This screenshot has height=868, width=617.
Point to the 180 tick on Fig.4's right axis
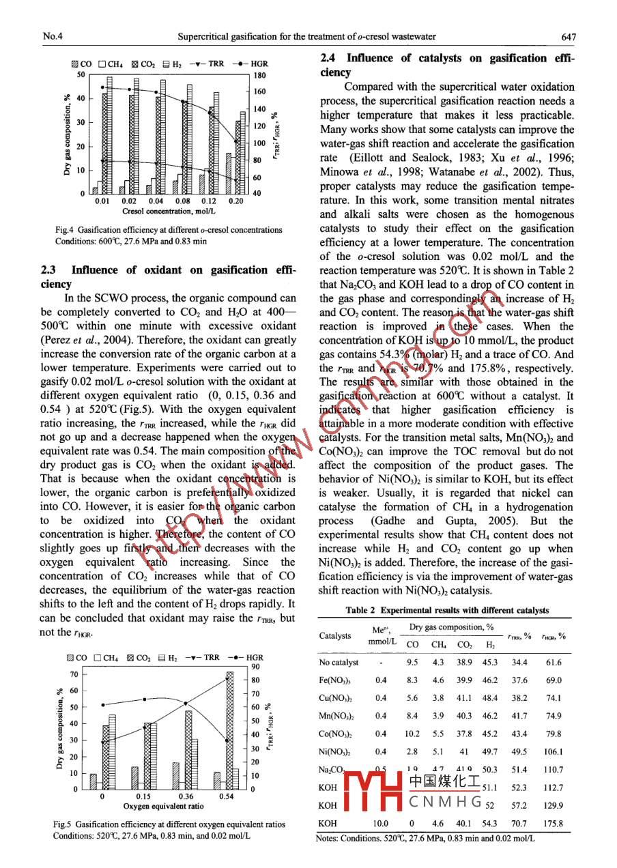click(259, 75)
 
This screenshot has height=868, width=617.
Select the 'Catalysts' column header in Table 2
click(335, 636)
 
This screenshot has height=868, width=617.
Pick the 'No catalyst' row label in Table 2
click(339, 663)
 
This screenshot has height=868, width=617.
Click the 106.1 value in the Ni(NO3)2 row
click(554, 751)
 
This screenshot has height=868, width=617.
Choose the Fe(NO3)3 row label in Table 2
click(334, 680)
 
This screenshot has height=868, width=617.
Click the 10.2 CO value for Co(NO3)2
click(412, 734)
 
